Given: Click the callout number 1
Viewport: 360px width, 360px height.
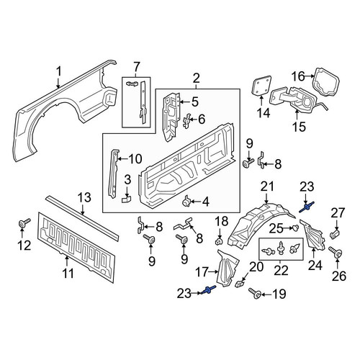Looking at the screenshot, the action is pyautogui.click(x=59, y=72).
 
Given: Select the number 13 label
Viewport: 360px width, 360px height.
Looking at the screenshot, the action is pyautogui.click(x=84, y=197).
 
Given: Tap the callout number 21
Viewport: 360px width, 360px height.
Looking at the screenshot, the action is pyautogui.click(x=267, y=186).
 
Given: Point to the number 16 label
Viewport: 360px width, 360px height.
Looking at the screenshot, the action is pyautogui.click(x=298, y=77).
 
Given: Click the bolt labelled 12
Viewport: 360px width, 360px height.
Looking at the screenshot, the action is pyautogui.click(x=24, y=223).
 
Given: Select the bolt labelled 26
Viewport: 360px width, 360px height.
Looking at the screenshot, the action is pyautogui.click(x=336, y=253).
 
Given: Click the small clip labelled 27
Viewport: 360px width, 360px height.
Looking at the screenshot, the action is pyautogui.click(x=336, y=234).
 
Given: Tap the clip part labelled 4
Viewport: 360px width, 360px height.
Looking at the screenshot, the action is pyautogui.click(x=186, y=201).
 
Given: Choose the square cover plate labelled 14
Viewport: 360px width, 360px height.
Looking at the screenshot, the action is pyautogui.click(x=261, y=85).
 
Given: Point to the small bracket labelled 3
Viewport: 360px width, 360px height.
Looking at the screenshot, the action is pyautogui.click(x=127, y=199).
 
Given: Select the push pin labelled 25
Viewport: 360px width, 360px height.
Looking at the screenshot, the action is pyautogui.click(x=296, y=228).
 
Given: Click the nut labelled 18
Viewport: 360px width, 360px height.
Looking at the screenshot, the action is pyautogui.click(x=219, y=241).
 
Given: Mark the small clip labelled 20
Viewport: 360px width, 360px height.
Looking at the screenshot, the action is pyautogui.click(x=240, y=284).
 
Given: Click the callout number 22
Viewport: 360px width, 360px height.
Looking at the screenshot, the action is pyautogui.click(x=281, y=271).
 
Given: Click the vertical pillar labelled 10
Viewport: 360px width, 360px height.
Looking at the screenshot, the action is pyautogui.click(x=114, y=174).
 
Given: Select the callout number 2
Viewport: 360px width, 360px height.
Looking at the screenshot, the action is pyautogui.click(x=196, y=78).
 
